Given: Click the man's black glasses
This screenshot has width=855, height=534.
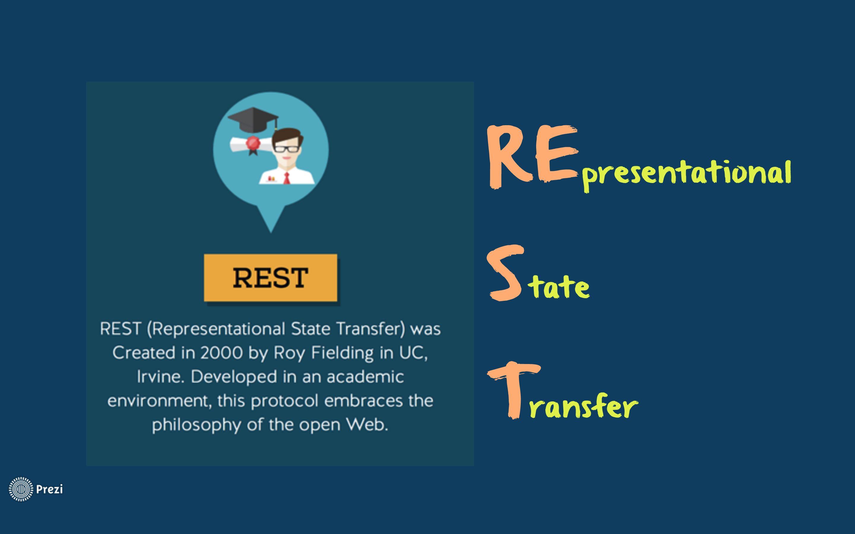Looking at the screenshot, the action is (286, 149).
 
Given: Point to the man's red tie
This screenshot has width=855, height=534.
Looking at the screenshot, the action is (286, 178).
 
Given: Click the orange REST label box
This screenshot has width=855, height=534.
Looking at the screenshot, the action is (271, 278).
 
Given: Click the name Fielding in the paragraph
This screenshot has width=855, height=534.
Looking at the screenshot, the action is (342, 353).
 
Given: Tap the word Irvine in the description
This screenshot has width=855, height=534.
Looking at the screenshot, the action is (160, 376).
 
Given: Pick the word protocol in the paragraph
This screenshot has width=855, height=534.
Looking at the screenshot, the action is (284, 401).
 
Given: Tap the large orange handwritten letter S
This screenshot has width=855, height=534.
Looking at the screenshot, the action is (505, 273).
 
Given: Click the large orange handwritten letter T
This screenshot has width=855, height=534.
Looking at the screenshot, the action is (514, 390).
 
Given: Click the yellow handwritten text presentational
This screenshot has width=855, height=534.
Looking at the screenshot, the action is (686, 174).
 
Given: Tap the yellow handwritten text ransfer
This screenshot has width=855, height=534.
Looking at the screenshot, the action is (583, 406).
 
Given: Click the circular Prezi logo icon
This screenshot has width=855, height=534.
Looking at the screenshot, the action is (21, 489).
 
